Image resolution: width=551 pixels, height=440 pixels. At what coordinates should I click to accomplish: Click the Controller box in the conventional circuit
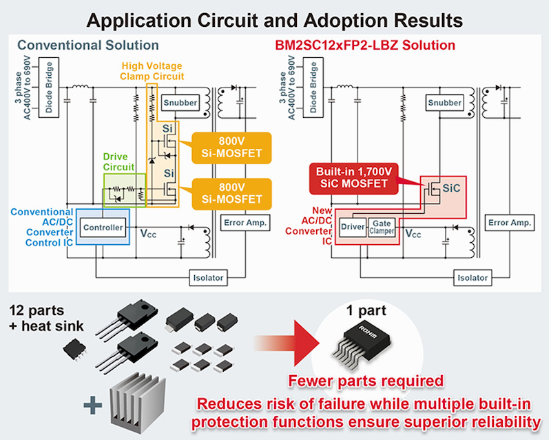point(103,228)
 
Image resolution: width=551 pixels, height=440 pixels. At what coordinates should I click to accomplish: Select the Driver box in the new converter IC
point(353,227)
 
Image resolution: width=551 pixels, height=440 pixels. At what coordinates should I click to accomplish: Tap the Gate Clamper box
point(382,227)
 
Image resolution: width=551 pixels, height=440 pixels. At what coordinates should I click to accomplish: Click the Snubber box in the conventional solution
point(180,103)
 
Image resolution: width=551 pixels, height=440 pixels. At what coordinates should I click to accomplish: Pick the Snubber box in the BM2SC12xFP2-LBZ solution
point(444,103)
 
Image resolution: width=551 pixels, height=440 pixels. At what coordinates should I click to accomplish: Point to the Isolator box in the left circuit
point(209,278)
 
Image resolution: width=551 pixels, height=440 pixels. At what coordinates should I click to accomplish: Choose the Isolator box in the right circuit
point(472,278)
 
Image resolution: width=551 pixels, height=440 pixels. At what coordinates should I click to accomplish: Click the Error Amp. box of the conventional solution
point(245,223)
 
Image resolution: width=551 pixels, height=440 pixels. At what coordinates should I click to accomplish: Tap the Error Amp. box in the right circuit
point(510,223)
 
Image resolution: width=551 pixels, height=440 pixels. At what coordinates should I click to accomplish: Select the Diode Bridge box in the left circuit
point(48,88)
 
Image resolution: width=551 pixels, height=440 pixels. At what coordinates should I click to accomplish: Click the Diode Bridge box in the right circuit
point(313,88)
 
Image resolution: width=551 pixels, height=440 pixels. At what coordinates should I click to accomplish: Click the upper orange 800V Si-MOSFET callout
point(231,148)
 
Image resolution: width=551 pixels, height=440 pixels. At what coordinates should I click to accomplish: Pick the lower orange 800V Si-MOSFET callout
point(231,194)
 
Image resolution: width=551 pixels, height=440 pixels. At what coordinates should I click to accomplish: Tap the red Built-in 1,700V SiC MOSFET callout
point(354,178)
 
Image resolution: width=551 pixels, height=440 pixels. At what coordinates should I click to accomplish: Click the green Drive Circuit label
point(118,162)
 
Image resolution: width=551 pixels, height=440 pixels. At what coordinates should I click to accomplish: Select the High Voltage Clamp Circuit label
point(152,71)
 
